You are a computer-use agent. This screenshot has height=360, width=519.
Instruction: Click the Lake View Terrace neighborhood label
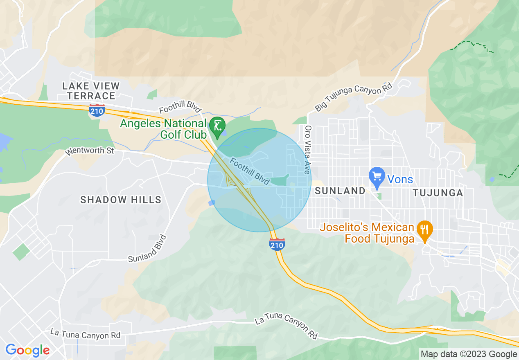(x=91, y=91)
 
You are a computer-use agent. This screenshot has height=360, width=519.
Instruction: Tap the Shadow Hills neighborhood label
(x=121, y=200)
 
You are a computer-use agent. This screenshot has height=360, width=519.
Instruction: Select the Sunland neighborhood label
(x=340, y=191)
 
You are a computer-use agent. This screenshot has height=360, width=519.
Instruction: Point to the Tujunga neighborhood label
(x=438, y=193)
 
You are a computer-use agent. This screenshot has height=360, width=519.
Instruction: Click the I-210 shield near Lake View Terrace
(x=97, y=110)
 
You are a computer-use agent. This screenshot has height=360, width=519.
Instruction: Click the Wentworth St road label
(x=90, y=151)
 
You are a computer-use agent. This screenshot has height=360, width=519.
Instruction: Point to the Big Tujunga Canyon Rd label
(x=353, y=97)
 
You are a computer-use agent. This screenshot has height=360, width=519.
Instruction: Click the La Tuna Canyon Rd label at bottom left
(x=86, y=333)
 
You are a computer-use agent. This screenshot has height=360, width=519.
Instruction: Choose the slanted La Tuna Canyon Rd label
(x=286, y=327)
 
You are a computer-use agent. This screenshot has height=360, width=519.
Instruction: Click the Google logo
(x=27, y=350)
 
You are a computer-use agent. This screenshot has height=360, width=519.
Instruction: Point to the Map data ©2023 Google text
(x=469, y=354)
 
